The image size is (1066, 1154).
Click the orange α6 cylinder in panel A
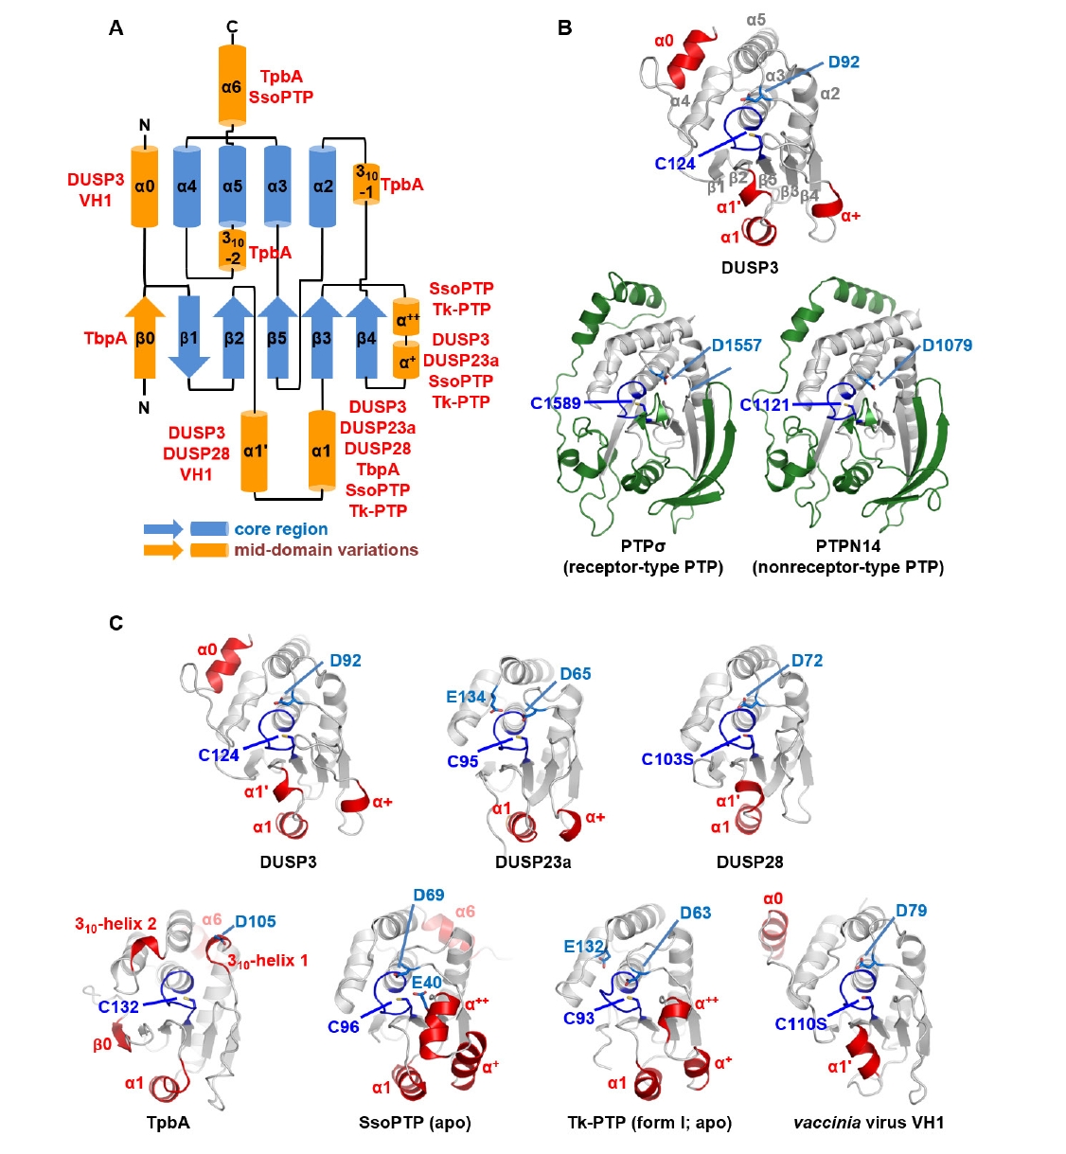(x=232, y=86)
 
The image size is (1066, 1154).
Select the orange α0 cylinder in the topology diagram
(x=144, y=186)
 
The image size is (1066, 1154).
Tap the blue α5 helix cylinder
(x=232, y=186)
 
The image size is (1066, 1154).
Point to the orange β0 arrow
(x=145, y=337)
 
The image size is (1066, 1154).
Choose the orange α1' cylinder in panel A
(x=254, y=452)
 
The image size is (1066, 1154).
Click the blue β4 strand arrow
(x=365, y=337)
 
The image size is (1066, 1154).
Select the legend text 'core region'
(x=281, y=529)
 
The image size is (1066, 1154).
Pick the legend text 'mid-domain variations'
(x=326, y=550)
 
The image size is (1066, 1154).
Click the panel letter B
(x=564, y=28)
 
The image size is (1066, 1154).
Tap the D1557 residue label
(x=737, y=346)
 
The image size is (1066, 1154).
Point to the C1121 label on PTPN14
(x=765, y=405)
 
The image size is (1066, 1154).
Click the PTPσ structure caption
(x=643, y=546)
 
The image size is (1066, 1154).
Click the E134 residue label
(x=466, y=697)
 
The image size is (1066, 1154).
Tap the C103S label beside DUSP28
(x=667, y=759)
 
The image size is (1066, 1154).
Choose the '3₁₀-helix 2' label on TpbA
(x=115, y=924)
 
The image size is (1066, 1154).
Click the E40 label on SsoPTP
(x=427, y=983)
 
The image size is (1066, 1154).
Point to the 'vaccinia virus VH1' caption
(x=868, y=1123)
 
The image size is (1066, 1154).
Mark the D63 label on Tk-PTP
(x=696, y=913)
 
